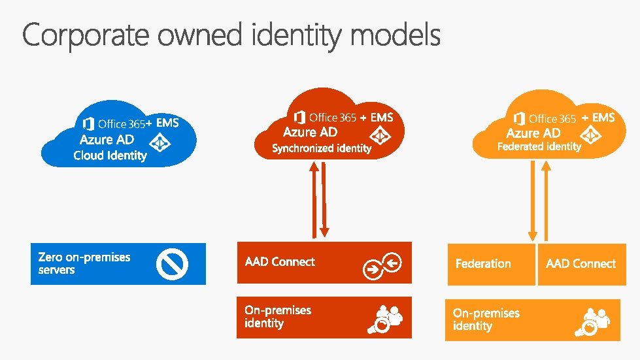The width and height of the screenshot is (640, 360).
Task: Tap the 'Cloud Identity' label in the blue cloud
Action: (x=110, y=155)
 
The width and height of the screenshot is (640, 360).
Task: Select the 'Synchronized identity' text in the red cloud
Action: (x=322, y=148)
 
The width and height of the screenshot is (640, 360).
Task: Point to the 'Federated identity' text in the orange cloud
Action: (x=539, y=146)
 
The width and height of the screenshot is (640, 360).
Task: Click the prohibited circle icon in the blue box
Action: (x=172, y=264)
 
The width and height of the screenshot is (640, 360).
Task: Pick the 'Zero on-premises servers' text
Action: (x=84, y=263)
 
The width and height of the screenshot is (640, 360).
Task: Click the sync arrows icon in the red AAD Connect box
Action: (x=382, y=263)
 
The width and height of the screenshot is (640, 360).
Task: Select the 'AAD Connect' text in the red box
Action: (x=280, y=262)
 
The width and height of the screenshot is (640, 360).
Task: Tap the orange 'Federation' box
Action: (x=491, y=264)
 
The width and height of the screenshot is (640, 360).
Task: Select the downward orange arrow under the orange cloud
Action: (x=533, y=200)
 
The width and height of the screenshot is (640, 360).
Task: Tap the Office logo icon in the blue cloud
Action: (x=88, y=123)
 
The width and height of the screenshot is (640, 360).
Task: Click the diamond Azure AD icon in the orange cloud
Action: (x=592, y=134)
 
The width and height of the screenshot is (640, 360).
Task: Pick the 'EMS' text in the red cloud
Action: (x=382, y=118)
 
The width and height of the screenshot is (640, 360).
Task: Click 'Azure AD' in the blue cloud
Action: (x=107, y=140)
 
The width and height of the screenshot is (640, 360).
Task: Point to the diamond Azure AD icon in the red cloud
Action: (x=380, y=135)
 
